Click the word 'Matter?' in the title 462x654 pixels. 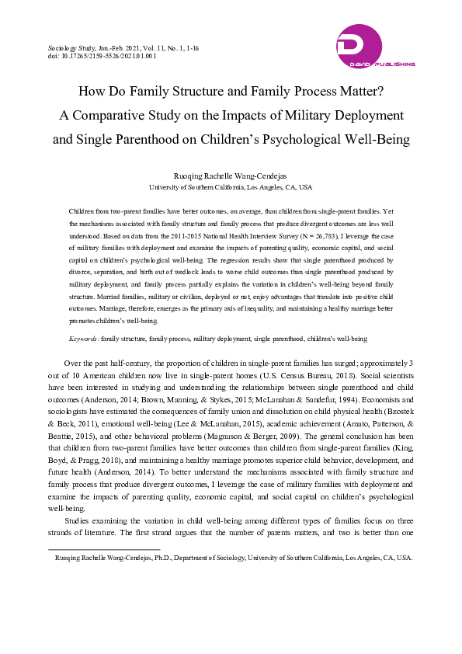353,91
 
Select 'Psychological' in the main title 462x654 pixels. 290,140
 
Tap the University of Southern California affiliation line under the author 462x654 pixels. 231,187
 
